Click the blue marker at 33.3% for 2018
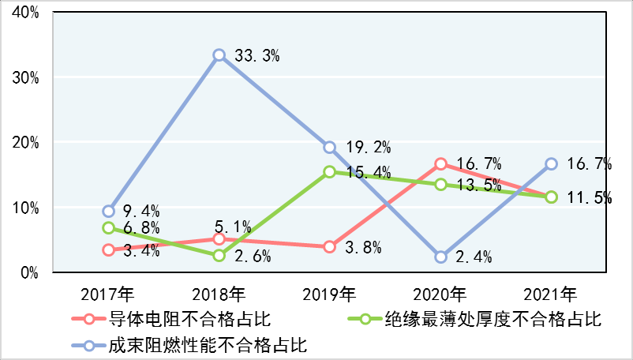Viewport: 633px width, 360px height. [x=219, y=55]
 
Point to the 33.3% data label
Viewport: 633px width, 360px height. [x=257, y=56]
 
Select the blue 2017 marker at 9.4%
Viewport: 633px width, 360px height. [x=109, y=211]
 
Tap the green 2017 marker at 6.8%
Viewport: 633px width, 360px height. [x=109, y=227]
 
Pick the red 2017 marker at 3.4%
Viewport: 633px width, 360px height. [x=109, y=249]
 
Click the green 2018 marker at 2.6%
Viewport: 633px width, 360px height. [x=219, y=255]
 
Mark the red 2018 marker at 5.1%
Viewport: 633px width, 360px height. [x=219, y=238]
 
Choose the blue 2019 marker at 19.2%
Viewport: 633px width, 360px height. [x=330, y=148]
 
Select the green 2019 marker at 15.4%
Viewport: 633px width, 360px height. [x=330, y=172]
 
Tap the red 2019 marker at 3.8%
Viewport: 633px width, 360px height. [x=330, y=247]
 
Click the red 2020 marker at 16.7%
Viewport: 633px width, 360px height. [x=440, y=163]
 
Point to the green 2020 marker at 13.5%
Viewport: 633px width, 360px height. [x=440, y=184]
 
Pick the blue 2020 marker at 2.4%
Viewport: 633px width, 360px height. [x=440, y=257]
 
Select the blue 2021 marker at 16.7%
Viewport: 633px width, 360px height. [x=551, y=163]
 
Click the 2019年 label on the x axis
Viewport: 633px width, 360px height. [x=330, y=294]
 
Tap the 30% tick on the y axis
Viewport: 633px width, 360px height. [x=28, y=78]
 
